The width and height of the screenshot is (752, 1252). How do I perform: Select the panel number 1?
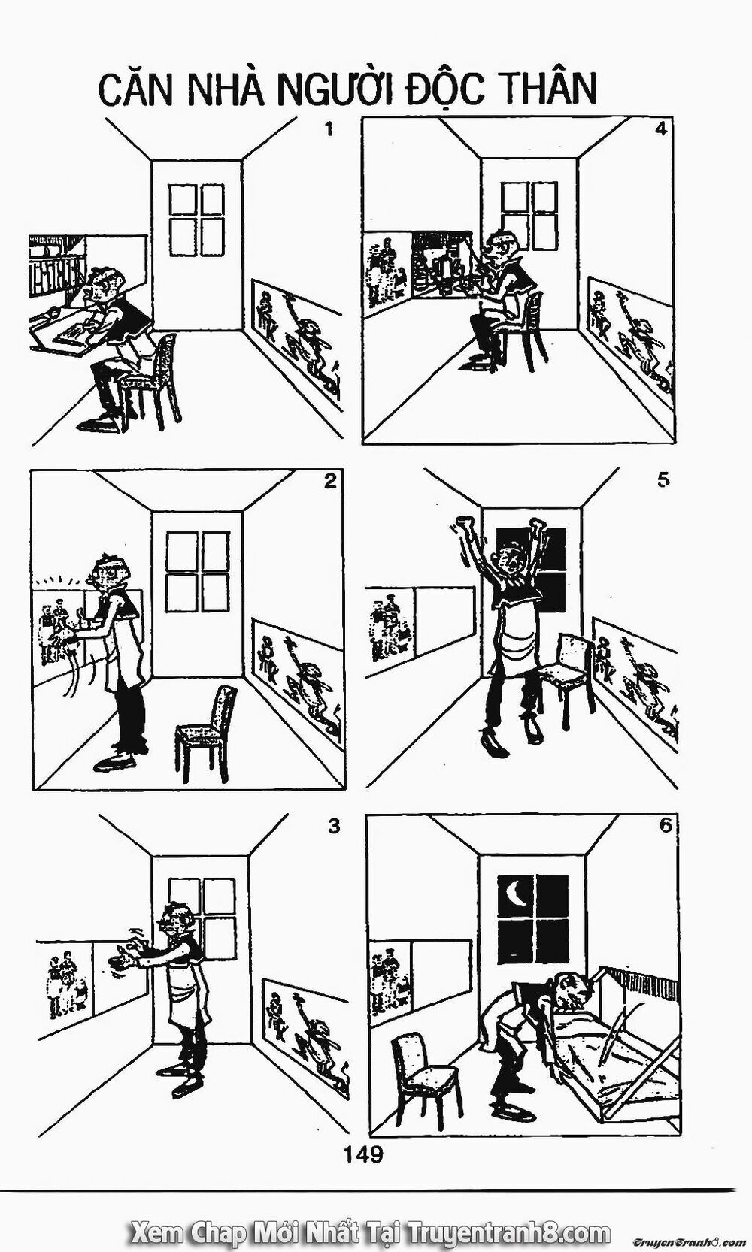click(328, 129)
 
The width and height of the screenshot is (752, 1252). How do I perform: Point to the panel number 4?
click(660, 129)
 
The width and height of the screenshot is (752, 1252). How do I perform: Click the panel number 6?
click(665, 825)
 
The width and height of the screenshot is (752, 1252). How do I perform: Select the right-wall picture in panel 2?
click(297, 673)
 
